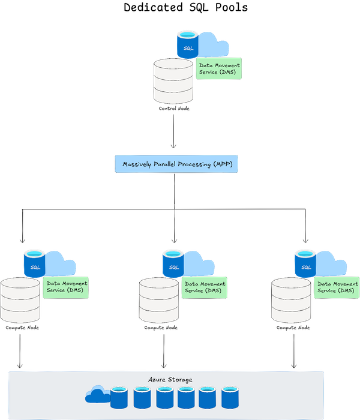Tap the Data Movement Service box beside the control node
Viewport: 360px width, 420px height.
[219, 69]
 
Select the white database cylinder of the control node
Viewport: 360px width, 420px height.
[173, 80]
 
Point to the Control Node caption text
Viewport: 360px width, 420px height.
[173, 109]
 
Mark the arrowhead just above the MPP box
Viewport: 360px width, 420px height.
[173, 146]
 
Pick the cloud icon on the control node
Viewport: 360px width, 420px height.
[213, 43]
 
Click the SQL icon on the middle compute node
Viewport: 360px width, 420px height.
[173, 263]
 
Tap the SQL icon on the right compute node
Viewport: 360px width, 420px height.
[305, 263]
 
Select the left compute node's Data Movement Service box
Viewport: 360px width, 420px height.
[66, 287]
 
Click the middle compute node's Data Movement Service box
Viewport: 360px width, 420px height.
[205, 287]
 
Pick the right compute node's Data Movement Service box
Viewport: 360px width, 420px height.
[337, 287]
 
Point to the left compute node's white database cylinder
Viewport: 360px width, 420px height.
[20, 299]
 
